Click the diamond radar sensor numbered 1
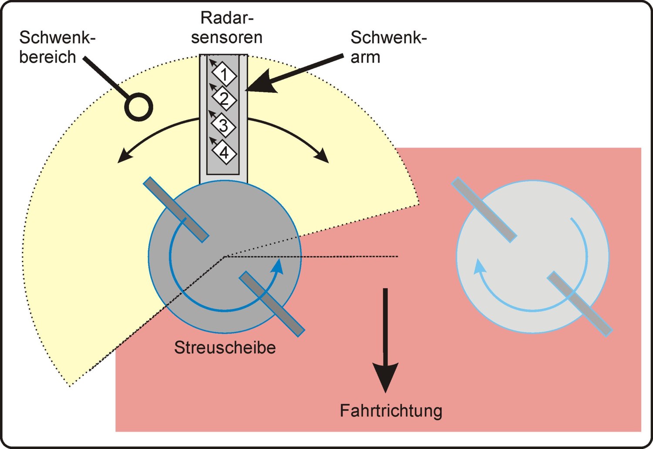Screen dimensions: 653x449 224,74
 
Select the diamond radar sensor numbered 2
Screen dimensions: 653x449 224,99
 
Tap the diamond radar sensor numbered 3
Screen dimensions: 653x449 224,125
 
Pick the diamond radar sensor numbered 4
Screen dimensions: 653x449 224,152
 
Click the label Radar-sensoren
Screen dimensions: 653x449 227,28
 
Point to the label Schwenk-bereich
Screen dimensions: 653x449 57,47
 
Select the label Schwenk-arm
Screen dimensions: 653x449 389,47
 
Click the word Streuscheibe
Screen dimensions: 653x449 225,348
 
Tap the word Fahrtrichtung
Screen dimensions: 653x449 391,411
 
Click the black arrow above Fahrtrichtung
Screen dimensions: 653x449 385,341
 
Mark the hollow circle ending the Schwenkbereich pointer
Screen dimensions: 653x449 139,107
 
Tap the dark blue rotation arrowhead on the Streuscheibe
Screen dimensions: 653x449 278,265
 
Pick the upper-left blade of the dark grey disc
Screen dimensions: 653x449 176,209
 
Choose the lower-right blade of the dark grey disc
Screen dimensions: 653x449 272,304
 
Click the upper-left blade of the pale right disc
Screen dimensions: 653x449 484,209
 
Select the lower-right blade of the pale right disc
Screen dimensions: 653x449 579,304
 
